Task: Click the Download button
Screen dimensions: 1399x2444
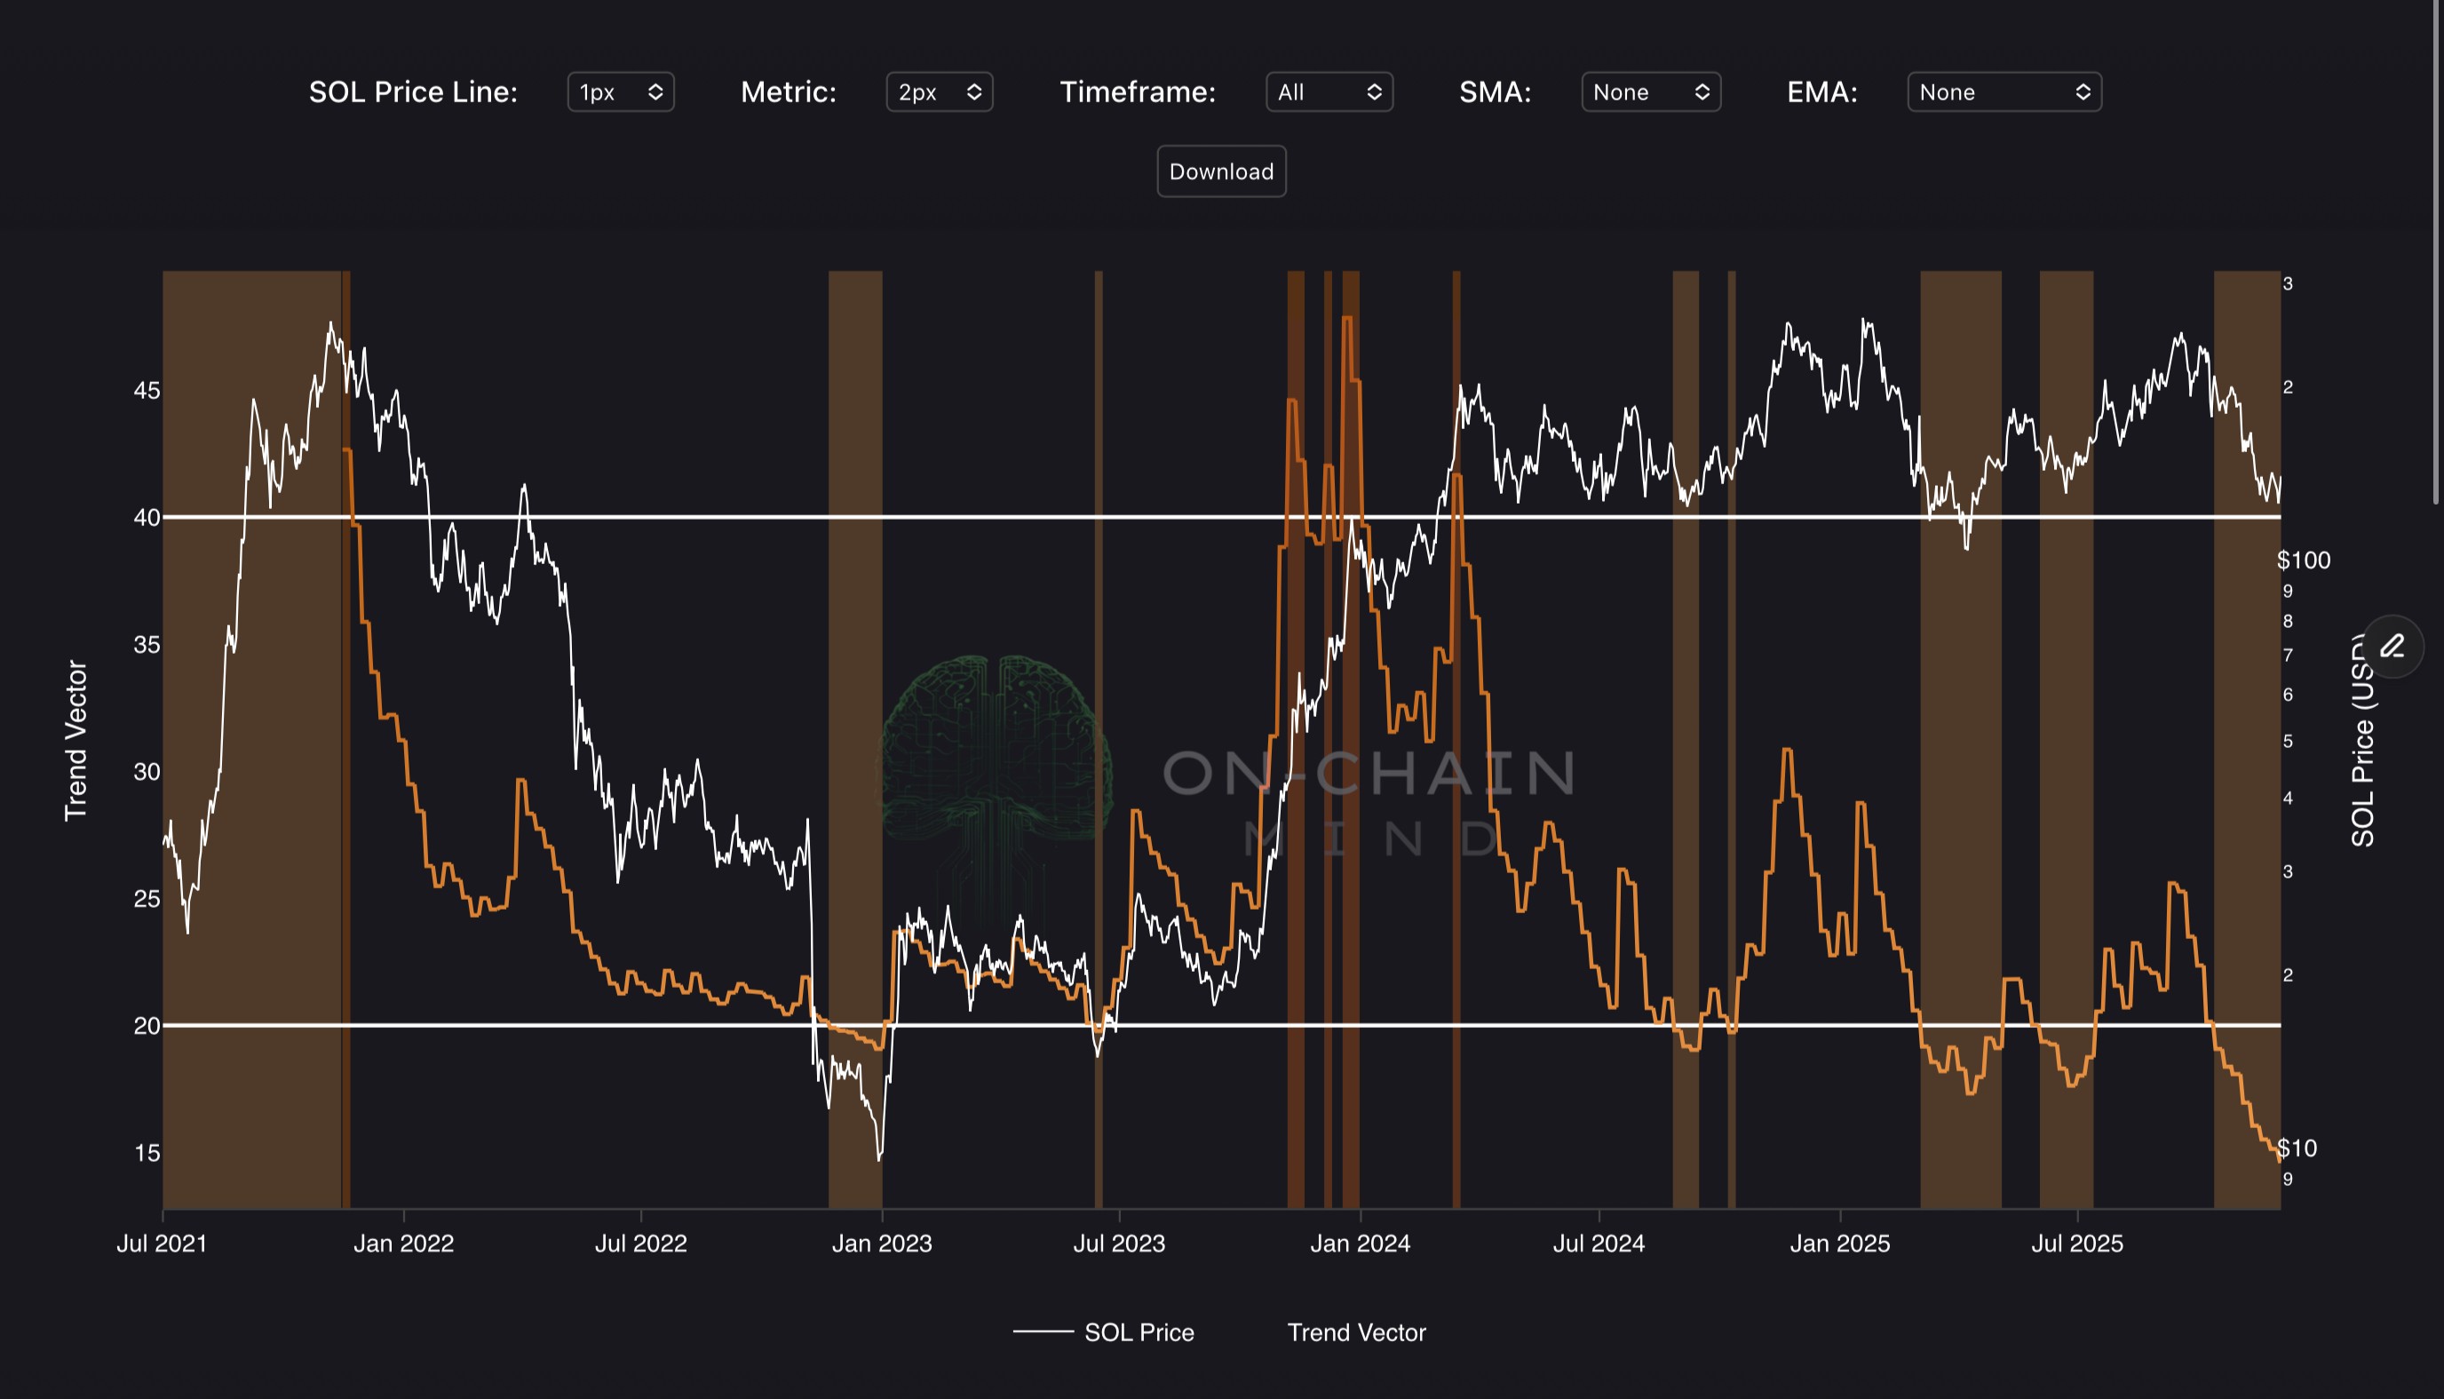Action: pyautogui.click(x=1221, y=172)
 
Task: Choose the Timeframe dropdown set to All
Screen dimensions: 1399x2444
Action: pyautogui.click(x=1329, y=92)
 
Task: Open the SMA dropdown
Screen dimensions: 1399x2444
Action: pyautogui.click(x=1649, y=92)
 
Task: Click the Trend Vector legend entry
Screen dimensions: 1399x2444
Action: pyautogui.click(x=1355, y=1332)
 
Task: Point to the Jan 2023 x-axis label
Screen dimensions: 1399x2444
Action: pyautogui.click(x=881, y=1244)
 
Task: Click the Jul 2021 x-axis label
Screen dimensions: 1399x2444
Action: pyautogui.click(x=162, y=1244)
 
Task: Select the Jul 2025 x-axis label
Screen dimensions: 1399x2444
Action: pyautogui.click(x=2076, y=1244)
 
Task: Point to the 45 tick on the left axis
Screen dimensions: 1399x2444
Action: pyautogui.click(x=147, y=391)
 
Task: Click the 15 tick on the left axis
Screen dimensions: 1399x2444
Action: pyautogui.click(x=147, y=1153)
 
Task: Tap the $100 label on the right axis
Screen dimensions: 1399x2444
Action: pyautogui.click(x=2303, y=560)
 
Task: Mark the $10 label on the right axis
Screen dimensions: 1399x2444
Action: pyautogui.click(x=2297, y=1149)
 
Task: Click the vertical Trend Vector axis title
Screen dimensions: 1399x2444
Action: pyautogui.click(x=75, y=740)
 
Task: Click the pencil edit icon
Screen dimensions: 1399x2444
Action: pyautogui.click(x=2392, y=646)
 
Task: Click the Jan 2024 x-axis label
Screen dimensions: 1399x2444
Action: pyautogui.click(x=1360, y=1244)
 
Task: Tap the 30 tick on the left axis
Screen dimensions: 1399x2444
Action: pyautogui.click(x=147, y=772)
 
